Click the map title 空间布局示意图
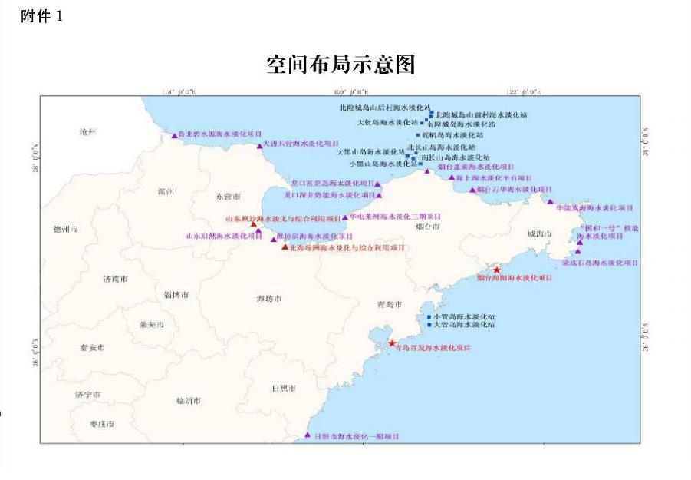click(x=341, y=65)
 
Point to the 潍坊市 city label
click(x=269, y=297)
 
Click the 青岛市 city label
click(x=390, y=305)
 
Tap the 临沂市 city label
click(x=188, y=401)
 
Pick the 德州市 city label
click(x=65, y=229)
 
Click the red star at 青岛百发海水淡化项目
click(x=392, y=343)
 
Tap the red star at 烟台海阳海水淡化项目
click(x=497, y=270)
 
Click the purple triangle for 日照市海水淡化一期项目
click(x=308, y=435)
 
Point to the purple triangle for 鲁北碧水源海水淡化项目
click(x=174, y=135)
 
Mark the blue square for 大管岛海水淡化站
click(x=429, y=325)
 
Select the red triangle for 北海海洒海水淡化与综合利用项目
click(x=285, y=247)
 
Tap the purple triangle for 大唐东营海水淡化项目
click(x=260, y=145)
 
